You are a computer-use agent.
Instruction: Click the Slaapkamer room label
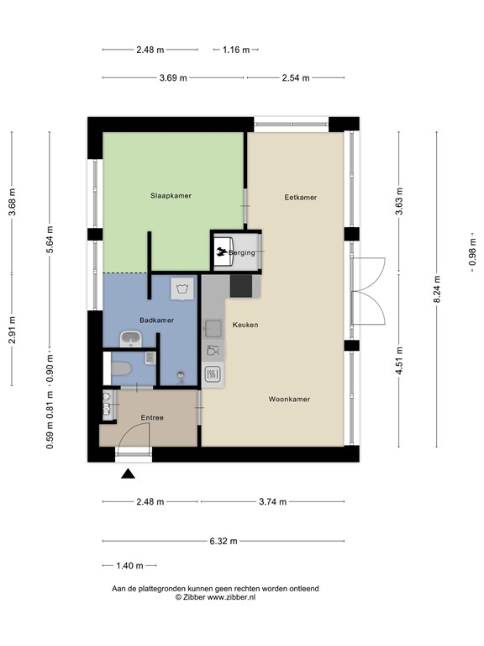171,196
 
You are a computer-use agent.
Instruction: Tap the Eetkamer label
301,198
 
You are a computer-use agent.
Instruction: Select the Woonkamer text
289,399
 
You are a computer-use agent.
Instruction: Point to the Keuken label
245,325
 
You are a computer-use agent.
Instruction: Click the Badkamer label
156,320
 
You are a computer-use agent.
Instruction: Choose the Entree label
152,417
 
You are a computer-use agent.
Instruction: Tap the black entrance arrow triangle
128,474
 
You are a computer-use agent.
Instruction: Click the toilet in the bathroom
121,368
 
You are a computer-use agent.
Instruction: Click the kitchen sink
213,328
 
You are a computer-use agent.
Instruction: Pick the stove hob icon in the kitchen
213,374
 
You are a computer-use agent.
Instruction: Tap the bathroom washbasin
130,339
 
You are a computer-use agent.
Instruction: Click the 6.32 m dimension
224,541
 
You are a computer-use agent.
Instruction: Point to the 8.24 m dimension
437,289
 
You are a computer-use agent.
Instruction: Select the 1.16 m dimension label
236,50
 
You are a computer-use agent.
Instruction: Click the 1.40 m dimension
129,565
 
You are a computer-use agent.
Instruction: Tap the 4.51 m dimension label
399,361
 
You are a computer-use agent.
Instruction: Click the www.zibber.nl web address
231,597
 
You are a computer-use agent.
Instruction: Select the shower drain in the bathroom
181,375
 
